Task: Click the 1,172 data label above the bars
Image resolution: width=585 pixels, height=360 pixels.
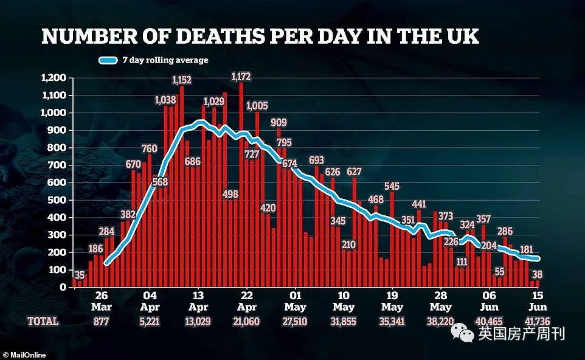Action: point(241,77)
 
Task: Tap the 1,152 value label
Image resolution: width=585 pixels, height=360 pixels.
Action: point(182,80)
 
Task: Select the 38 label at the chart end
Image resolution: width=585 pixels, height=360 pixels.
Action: point(537,274)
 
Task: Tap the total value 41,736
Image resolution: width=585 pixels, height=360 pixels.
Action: point(538,320)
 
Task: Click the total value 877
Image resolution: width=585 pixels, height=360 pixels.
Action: point(101,320)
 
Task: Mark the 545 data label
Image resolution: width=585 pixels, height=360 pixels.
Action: point(392,185)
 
